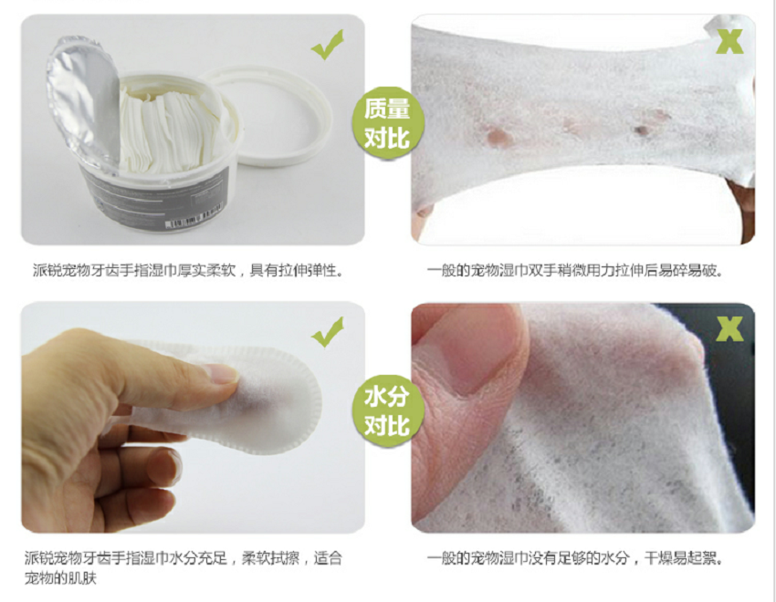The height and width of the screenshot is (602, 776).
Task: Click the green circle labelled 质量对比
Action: pos(388,123)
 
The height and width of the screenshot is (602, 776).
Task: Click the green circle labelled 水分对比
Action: pos(388,411)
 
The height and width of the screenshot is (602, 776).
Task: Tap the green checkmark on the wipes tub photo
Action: pos(328,45)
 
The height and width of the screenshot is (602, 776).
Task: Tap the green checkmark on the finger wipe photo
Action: pos(328,332)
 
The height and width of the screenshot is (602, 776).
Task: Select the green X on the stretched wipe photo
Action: pos(729,42)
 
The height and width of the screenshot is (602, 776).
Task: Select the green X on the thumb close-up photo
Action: pos(729,328)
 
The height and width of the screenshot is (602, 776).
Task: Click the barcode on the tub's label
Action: pos(192,220)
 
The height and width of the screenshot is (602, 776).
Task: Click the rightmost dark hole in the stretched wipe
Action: pos(642,130)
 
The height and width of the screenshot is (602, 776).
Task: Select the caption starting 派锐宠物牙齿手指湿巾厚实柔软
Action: pos(189,270)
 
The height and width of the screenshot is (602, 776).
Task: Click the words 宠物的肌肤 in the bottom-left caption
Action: pos(60,577)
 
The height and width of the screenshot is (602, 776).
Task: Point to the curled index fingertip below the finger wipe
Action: pos(164,465)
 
